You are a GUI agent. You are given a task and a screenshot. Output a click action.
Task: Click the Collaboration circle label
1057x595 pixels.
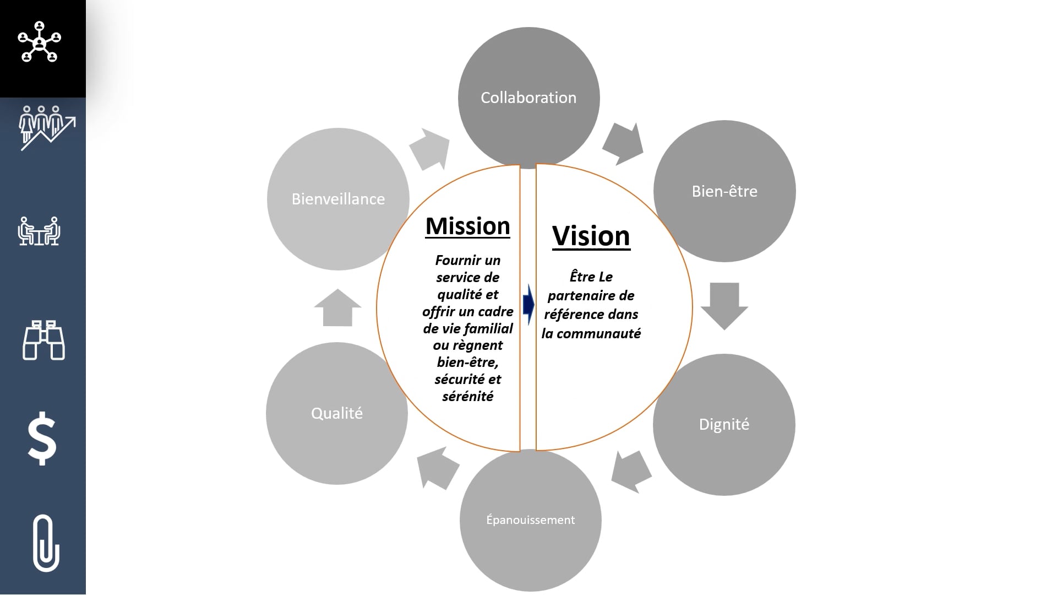click(528, 98)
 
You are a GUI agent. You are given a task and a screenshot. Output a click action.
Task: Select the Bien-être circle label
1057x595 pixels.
click(724, 191)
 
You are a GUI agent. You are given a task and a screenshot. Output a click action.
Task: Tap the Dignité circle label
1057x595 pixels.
click(724, 424)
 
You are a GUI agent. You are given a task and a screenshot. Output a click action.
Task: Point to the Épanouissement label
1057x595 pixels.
click(530, 520)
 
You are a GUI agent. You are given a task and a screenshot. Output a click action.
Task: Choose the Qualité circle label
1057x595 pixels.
click(337, 413)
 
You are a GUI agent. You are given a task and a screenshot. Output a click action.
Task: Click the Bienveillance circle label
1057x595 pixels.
click(338, 199)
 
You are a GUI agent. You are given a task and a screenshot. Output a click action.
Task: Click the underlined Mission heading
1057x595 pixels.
click(468, 226)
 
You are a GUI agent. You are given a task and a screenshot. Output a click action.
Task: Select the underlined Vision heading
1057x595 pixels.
click(591, 236)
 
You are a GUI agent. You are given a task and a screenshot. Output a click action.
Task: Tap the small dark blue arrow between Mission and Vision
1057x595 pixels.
click(528, 304)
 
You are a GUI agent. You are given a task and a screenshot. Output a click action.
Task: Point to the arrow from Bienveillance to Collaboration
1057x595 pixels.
click(430, 149)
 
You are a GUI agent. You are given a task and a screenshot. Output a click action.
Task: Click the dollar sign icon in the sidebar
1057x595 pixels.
click(42, 439)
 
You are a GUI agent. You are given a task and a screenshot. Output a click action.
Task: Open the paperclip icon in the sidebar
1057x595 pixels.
click(46, 543)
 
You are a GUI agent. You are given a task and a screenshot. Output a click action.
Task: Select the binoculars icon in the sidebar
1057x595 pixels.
click(43, 340)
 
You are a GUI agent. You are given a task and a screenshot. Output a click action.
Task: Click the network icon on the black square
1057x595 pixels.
click(40, 42)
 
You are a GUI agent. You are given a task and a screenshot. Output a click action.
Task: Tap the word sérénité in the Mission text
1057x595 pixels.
click(467, 396)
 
